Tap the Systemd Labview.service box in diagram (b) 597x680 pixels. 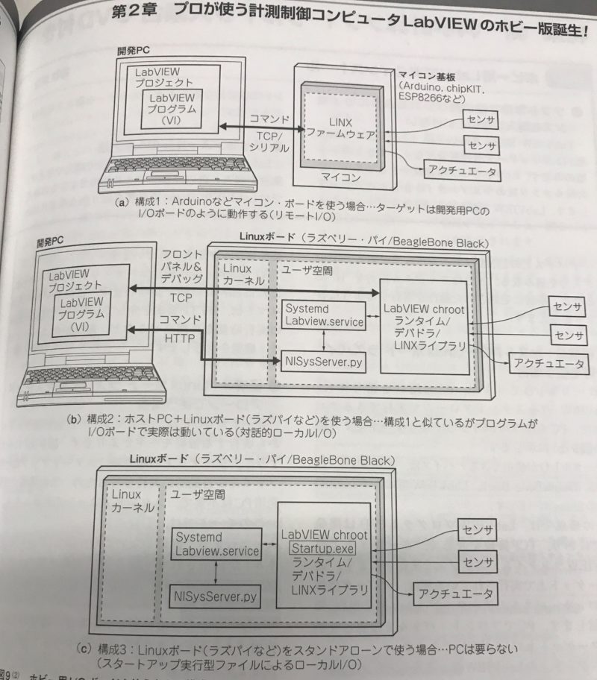tap(322, 315)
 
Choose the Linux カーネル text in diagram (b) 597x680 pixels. tap(246, 274)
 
